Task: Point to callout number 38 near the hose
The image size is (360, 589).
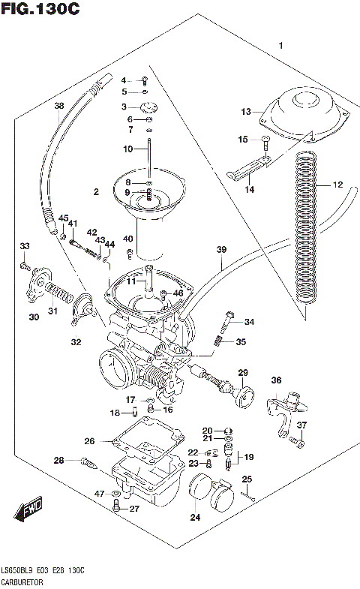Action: pyautogui.click(x=59, y=106)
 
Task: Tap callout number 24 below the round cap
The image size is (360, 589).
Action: pyautogui.click(x=195, y=516)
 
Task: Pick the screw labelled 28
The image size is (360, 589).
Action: pyautogui.click(x=88, y=464)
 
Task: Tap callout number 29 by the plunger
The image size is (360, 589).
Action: pyautogui.click(x=243, y=373)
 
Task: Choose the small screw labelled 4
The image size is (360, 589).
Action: pyautogui.click(x=145, y=80)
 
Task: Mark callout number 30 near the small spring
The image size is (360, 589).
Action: pyautogui.click(x=34, y=317)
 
